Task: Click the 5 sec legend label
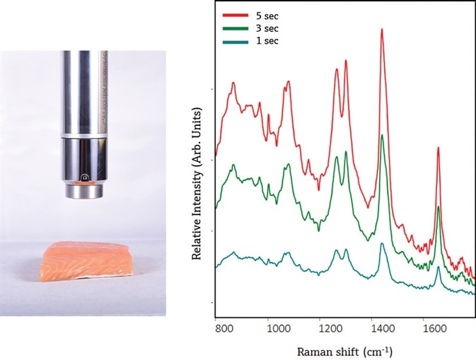(269, 14)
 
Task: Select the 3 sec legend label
(269, 28)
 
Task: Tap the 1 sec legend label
(269, 41)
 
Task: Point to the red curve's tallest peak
(382, 30)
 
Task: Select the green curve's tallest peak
(382, 136)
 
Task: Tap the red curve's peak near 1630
(438, 149)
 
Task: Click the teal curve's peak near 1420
(382, 244)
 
